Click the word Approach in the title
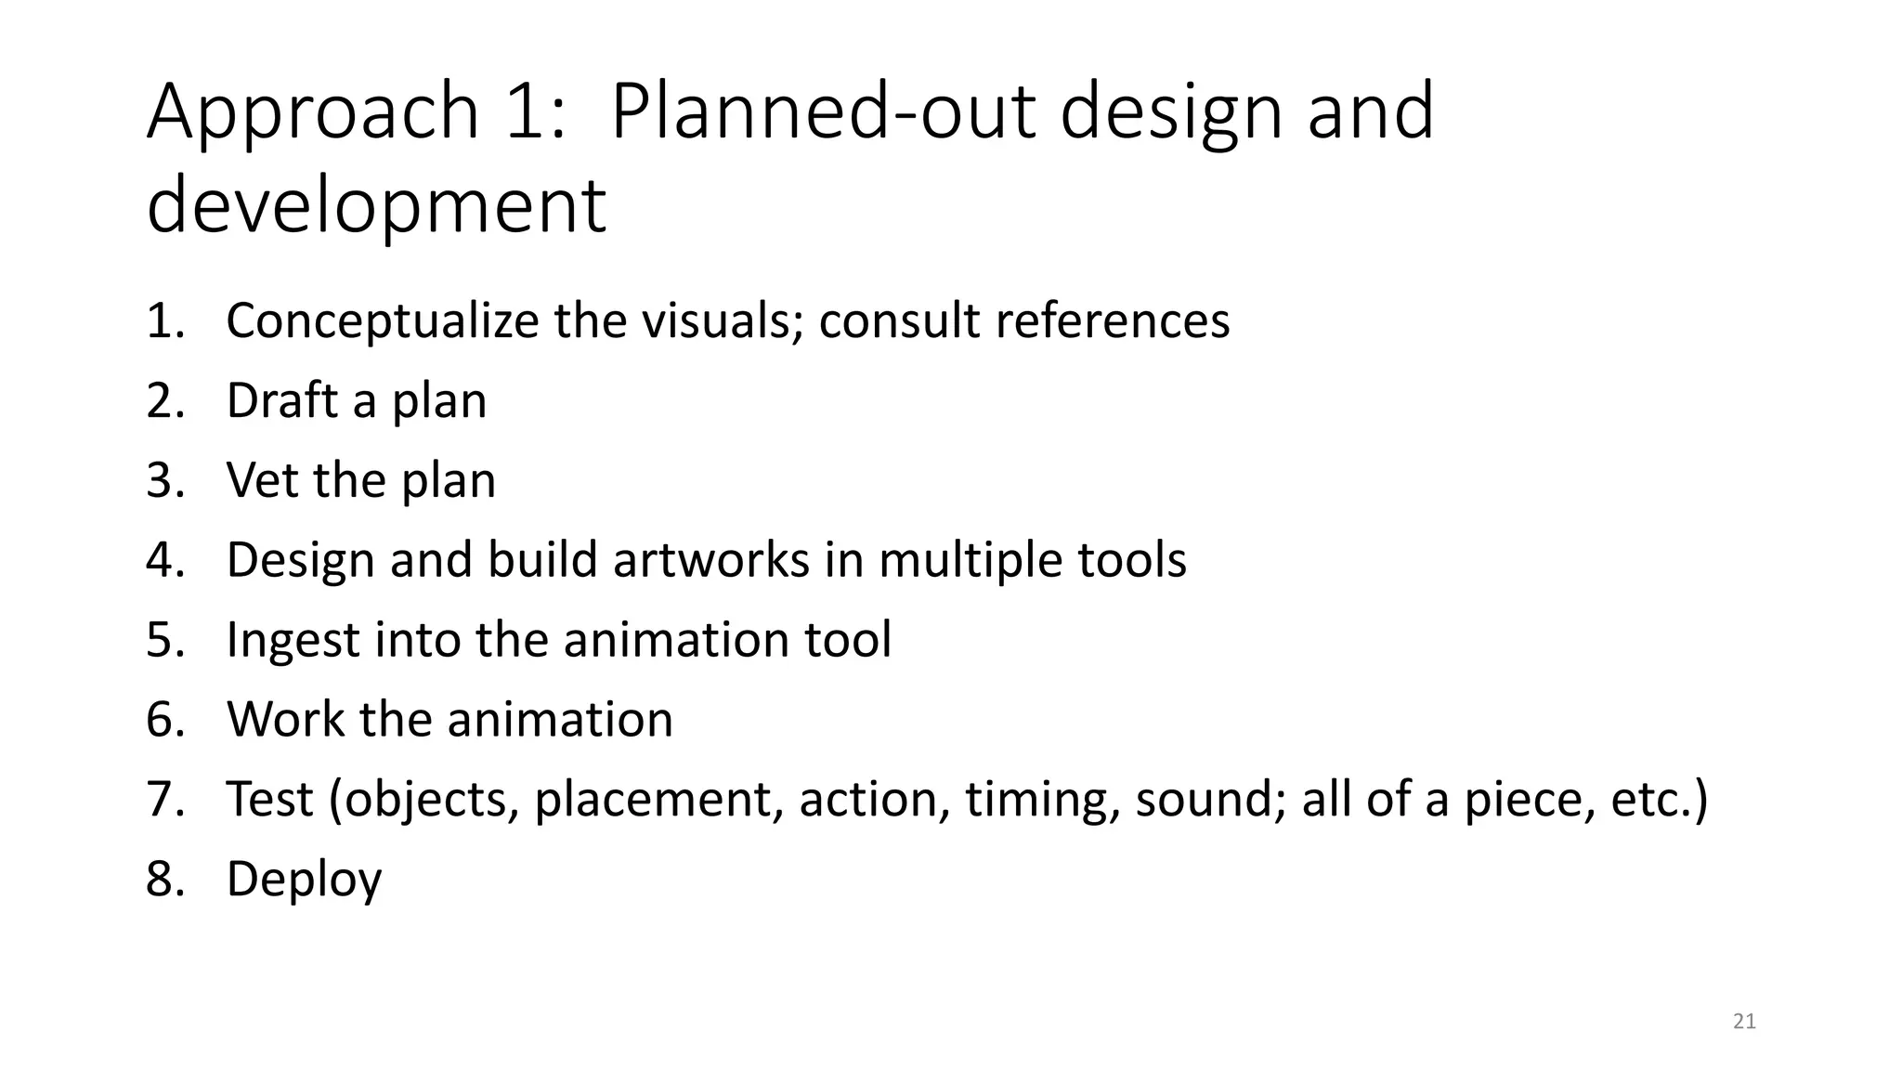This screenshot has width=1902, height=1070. [x=313, y=113]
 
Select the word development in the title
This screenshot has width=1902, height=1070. [x=376, y=206]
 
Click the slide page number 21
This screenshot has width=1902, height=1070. [x=1744, y=1022]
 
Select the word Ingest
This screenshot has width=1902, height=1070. [x=293, y=641]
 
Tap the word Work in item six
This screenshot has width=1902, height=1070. [x=285, y=720]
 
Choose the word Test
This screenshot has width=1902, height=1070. [x=269, y=800]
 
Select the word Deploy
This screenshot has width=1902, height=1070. [x=304, y=880]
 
